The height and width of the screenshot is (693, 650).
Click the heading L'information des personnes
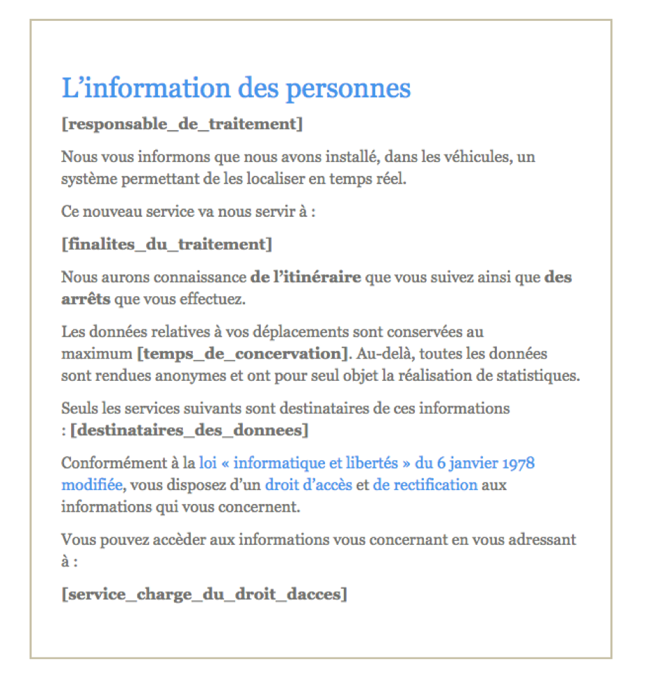click(236, 89)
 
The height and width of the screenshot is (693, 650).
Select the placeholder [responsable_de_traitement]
click(182, 124)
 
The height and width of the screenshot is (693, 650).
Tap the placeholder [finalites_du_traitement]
click(166, 244)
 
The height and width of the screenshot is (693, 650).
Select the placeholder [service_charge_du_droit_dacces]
click(204, 594)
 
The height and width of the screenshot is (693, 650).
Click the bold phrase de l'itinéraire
click(306, 277)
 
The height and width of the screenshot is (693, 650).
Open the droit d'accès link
click(308, 484)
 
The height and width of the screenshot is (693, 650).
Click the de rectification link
click(425, 484)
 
